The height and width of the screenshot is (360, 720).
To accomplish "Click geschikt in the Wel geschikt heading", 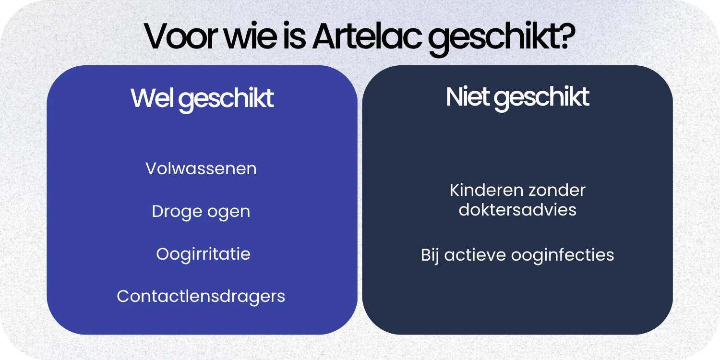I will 228,100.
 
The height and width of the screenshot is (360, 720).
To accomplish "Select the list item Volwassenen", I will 201,169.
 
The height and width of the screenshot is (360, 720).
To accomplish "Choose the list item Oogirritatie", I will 203,254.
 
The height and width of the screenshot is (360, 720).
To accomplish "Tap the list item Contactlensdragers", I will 201,296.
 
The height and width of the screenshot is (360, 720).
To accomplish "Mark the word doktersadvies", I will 517,210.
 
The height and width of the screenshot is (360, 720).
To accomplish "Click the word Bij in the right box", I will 431,255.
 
